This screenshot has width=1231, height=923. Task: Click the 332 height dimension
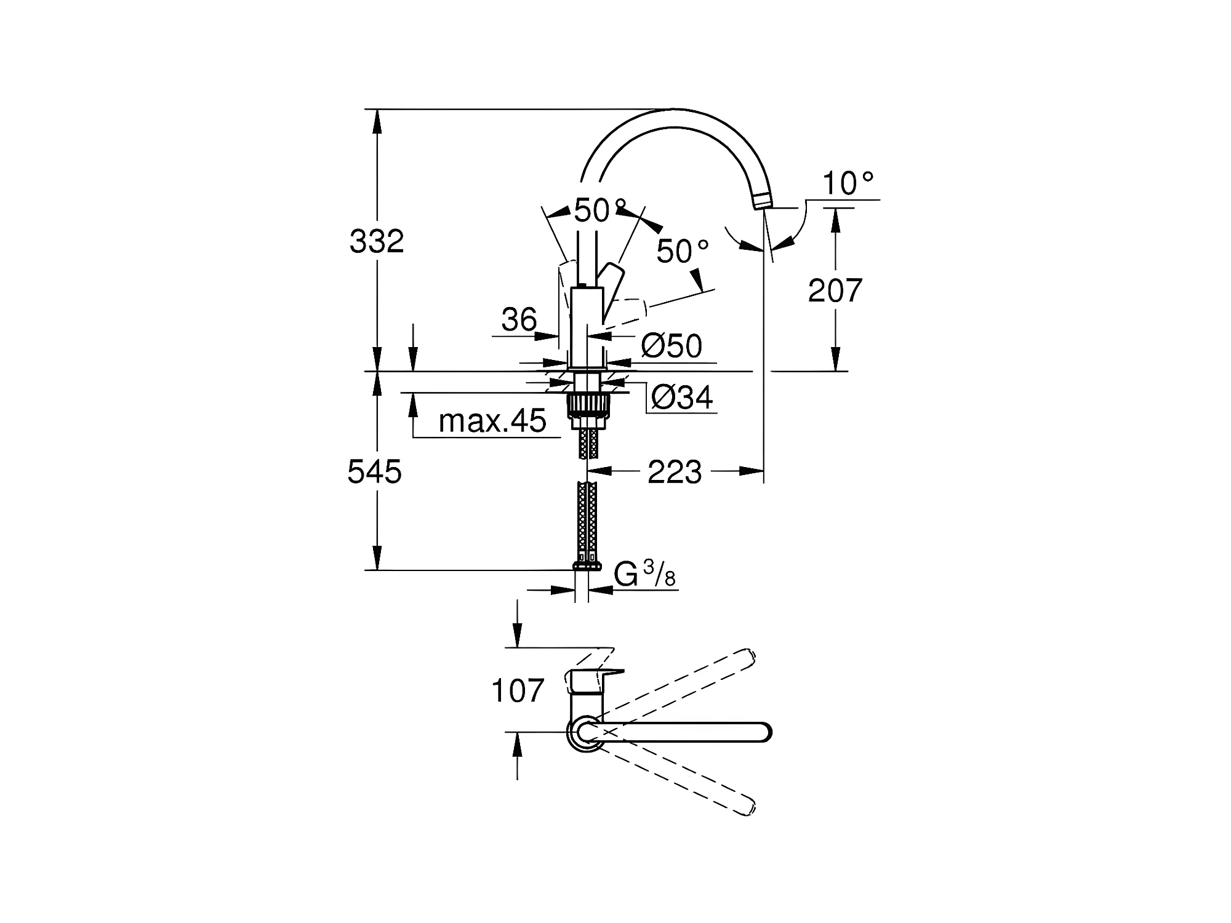click(377, 241)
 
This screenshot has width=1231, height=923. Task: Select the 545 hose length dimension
click(375, 472)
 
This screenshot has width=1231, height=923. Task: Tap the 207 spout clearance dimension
click(835, 290)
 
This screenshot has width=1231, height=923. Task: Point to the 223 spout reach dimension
click(675, 473)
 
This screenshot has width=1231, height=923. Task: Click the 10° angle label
click(848, 183)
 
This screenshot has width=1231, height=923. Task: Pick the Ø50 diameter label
click(672, 346)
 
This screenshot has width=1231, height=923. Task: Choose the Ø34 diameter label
click(682, 398)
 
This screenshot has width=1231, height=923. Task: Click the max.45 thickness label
click(492, 421)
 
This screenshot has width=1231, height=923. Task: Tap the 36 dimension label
click(519, 320)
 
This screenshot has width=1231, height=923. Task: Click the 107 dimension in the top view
click(518, 690)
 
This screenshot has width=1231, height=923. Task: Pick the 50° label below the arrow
click(683, 251)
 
